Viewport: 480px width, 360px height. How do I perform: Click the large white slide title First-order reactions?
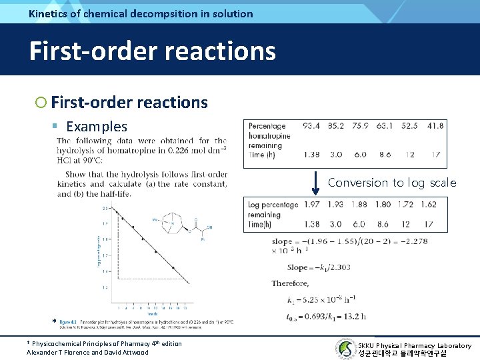coord(152,51)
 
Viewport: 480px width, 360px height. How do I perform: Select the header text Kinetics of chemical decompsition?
coord(141,13)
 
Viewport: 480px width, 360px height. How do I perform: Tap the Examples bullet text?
coord(97,126)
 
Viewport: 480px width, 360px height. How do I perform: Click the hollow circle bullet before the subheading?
coord(41,103)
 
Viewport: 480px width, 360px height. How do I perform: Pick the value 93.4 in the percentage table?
coord(311,126)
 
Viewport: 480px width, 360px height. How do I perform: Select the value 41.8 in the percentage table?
coord(435,126)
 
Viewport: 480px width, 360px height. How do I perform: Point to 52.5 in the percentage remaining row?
coord(409,126)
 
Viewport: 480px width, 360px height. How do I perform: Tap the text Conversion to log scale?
coord(392,183)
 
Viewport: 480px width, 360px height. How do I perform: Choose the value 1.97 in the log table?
coord(311,204)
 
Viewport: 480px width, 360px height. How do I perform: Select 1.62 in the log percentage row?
coord(429,204)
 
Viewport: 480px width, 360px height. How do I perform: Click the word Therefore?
coord(290,283)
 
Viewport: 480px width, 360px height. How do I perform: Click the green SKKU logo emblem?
coord(346,349)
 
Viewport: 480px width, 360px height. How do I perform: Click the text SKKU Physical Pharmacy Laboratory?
coord(414,345)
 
